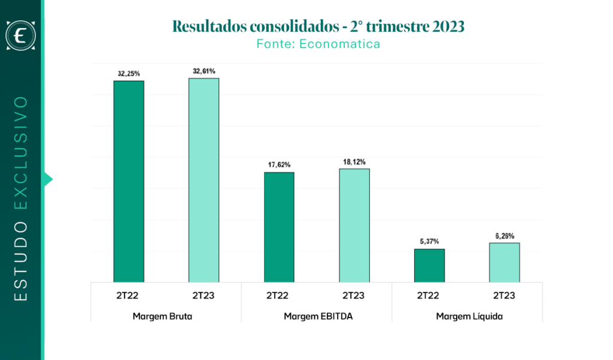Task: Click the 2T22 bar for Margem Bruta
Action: point(129,181)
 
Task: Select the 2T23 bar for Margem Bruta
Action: point(204,180)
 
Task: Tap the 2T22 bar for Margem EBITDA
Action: point(279,228)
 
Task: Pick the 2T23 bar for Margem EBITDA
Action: point(354,225)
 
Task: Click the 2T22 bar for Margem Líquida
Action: point(429,266)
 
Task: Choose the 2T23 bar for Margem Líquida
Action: point(504,262)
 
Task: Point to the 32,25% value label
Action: point(129,74)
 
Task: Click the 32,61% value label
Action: point(204,71)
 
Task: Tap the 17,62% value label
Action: point(279,165)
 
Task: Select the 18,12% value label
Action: point(354,162)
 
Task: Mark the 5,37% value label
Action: point(429,241)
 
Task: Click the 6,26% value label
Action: point(505,236)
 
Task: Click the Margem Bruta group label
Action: point(162,316)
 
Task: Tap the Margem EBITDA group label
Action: point(318,316)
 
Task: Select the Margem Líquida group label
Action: point(469,316)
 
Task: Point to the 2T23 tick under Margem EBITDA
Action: point(353,295)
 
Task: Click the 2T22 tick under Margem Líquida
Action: point(427,295)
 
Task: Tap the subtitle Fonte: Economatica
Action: point(318,44)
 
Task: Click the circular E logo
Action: point(21,35)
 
